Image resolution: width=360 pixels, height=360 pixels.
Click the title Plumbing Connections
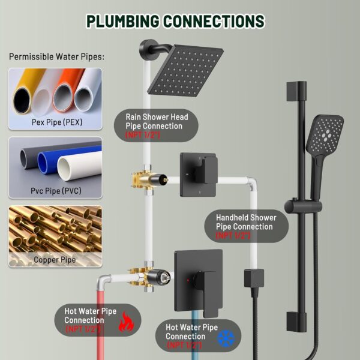[175, 22]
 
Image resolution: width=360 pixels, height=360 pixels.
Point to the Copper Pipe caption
[55, 260]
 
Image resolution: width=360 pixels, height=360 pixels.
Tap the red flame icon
[125, 322]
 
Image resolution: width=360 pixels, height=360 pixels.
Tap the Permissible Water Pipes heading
[56, 57]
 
